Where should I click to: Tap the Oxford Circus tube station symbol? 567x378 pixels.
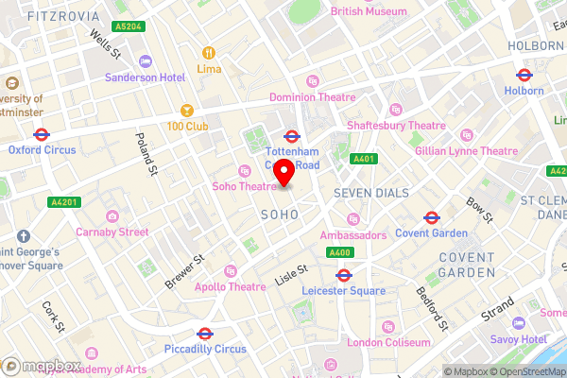pyautogui.click(x=41, y=134)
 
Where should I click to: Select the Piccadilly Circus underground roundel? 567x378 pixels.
pyautogui.click(x=204, y=334)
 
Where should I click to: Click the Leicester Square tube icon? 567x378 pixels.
pyautogui.click(x=345, y=276)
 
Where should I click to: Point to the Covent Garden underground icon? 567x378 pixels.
pyautogui.click(x=431, y=216)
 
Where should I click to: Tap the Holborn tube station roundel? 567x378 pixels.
pyautogui.click(x=524, y=75)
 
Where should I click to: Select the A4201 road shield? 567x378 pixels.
pyautogui.click(x=65, y=201)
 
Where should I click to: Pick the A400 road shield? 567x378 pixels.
pyautogui.click(x=340, y=252)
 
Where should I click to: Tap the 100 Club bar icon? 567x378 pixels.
pyautogui.click(x=187, y=111)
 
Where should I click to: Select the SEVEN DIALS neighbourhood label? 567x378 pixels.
pyautogui.click(x=371, y=193)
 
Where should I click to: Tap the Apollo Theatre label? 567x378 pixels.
pyautogui.click(x=230, y=286)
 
